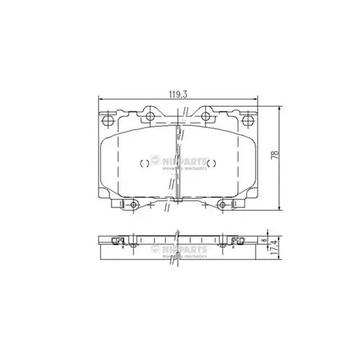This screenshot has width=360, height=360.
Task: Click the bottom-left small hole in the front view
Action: point(134,207)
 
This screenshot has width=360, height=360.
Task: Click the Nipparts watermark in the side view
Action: point(184,251)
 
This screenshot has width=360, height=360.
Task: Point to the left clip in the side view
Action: point(118,241)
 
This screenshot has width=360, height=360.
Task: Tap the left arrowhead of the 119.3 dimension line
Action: point(99,99)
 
